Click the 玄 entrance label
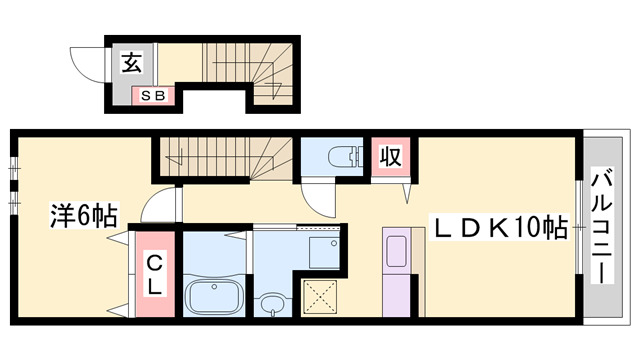131,63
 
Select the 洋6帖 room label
85,215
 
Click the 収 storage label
389,157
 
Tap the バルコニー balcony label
604,225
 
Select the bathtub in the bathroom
213,297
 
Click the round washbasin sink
270,302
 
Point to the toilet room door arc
319,197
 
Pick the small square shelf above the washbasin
323,251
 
